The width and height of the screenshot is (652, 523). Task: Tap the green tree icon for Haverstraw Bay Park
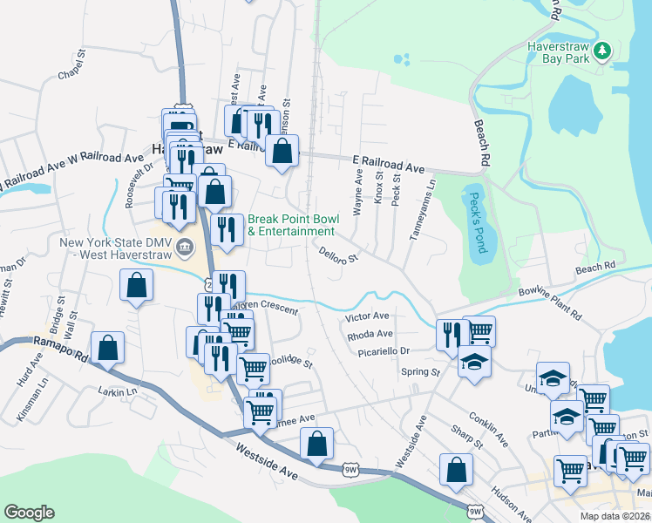click(x=601, y=52)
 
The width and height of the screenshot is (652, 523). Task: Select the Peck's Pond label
click(x=476, y=222)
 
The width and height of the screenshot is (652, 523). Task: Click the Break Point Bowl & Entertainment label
click(x=291, y=225)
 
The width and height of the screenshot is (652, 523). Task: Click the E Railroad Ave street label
click(x=388, y=164)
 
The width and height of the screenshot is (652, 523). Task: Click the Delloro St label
click(x=339, y=254)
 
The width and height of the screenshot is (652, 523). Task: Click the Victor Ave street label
click(x=367, y=316)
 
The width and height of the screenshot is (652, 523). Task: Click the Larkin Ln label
click(x=118, y=391)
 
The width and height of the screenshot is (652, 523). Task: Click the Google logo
click(x=29, y=513)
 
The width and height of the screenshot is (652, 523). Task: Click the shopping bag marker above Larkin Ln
click(x=106, y=347)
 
